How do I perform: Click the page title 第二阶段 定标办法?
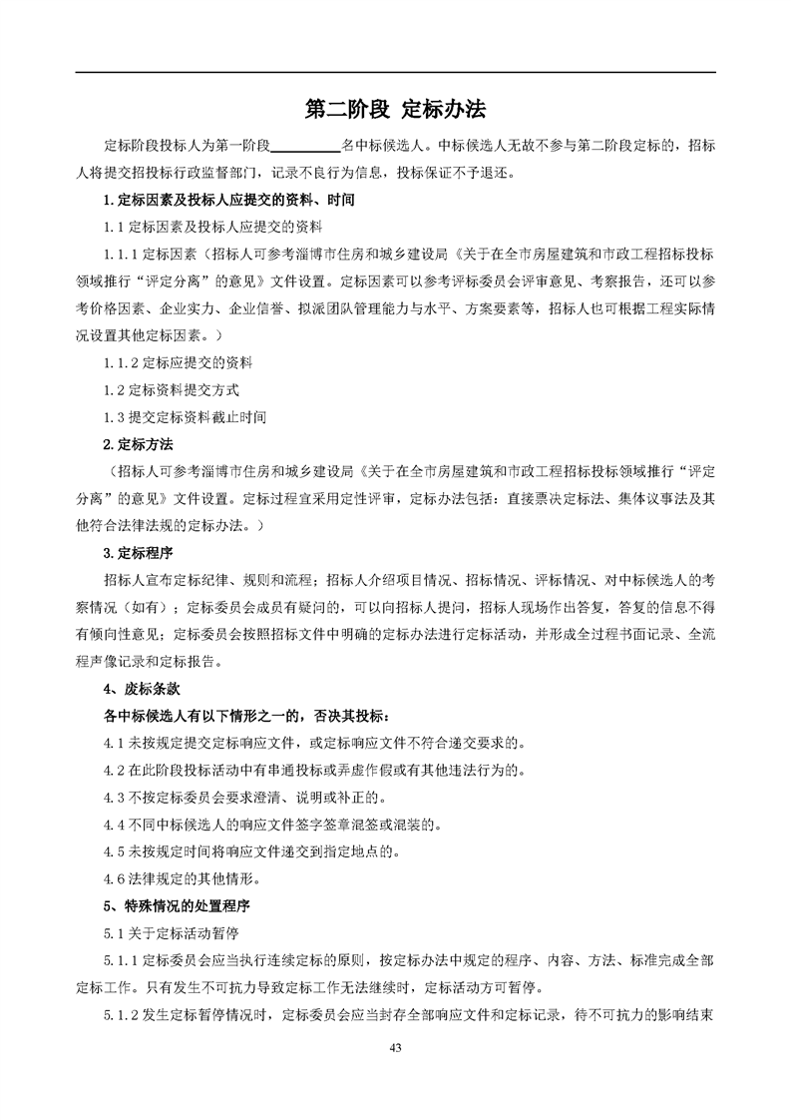pyautogui.click(x=395, y=109)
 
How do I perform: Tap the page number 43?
pyautogui.click(x=395, y=1047)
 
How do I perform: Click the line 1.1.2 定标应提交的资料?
pyautogui.click(x=180, y=361)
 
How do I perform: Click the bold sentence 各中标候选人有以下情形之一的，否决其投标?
pyautogui.click(x=248, y=716)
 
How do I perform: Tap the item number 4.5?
pyautogui.click(x=113, y=852)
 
